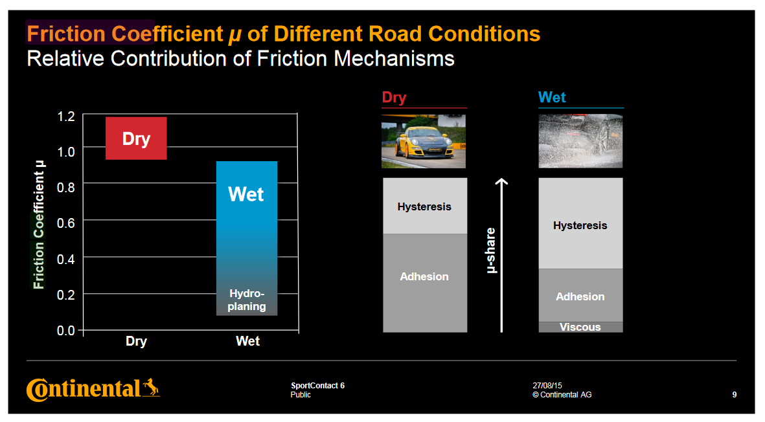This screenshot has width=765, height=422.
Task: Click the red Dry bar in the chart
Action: (x=136, y=138)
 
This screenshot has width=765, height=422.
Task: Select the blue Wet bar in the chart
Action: (x=247, y=238)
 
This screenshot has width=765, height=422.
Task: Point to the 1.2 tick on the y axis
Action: (x=66, y=117)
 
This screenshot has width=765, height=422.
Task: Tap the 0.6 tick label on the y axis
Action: (x=66, y=223)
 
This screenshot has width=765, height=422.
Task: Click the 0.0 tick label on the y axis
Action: (x=66, y=330)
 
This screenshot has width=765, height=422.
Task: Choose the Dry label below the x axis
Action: (x=136, y=341)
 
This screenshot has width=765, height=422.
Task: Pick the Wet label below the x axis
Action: (x=248, y=341)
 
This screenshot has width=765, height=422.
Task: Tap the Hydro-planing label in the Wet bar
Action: (x=247, y=300)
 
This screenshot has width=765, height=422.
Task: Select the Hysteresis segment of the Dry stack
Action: (x=425, y=206)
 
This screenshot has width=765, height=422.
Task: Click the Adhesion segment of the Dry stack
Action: (x=425, y=283)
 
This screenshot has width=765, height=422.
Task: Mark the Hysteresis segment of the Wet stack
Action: (x=580, y=223)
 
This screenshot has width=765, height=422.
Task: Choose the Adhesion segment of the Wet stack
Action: (x=580, y=295)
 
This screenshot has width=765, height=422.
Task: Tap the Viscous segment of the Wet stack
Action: (x=580, y=327)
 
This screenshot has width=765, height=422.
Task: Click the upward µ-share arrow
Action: (x=501, y=256)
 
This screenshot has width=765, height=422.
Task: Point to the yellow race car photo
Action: (x=424, y=141)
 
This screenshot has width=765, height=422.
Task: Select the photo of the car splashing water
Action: (x=580, y=141)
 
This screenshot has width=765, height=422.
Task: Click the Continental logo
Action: (x=93, y=390)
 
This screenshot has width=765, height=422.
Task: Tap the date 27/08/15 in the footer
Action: (x=547, y=386)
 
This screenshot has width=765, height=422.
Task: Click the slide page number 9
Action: (x=735, y=395)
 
